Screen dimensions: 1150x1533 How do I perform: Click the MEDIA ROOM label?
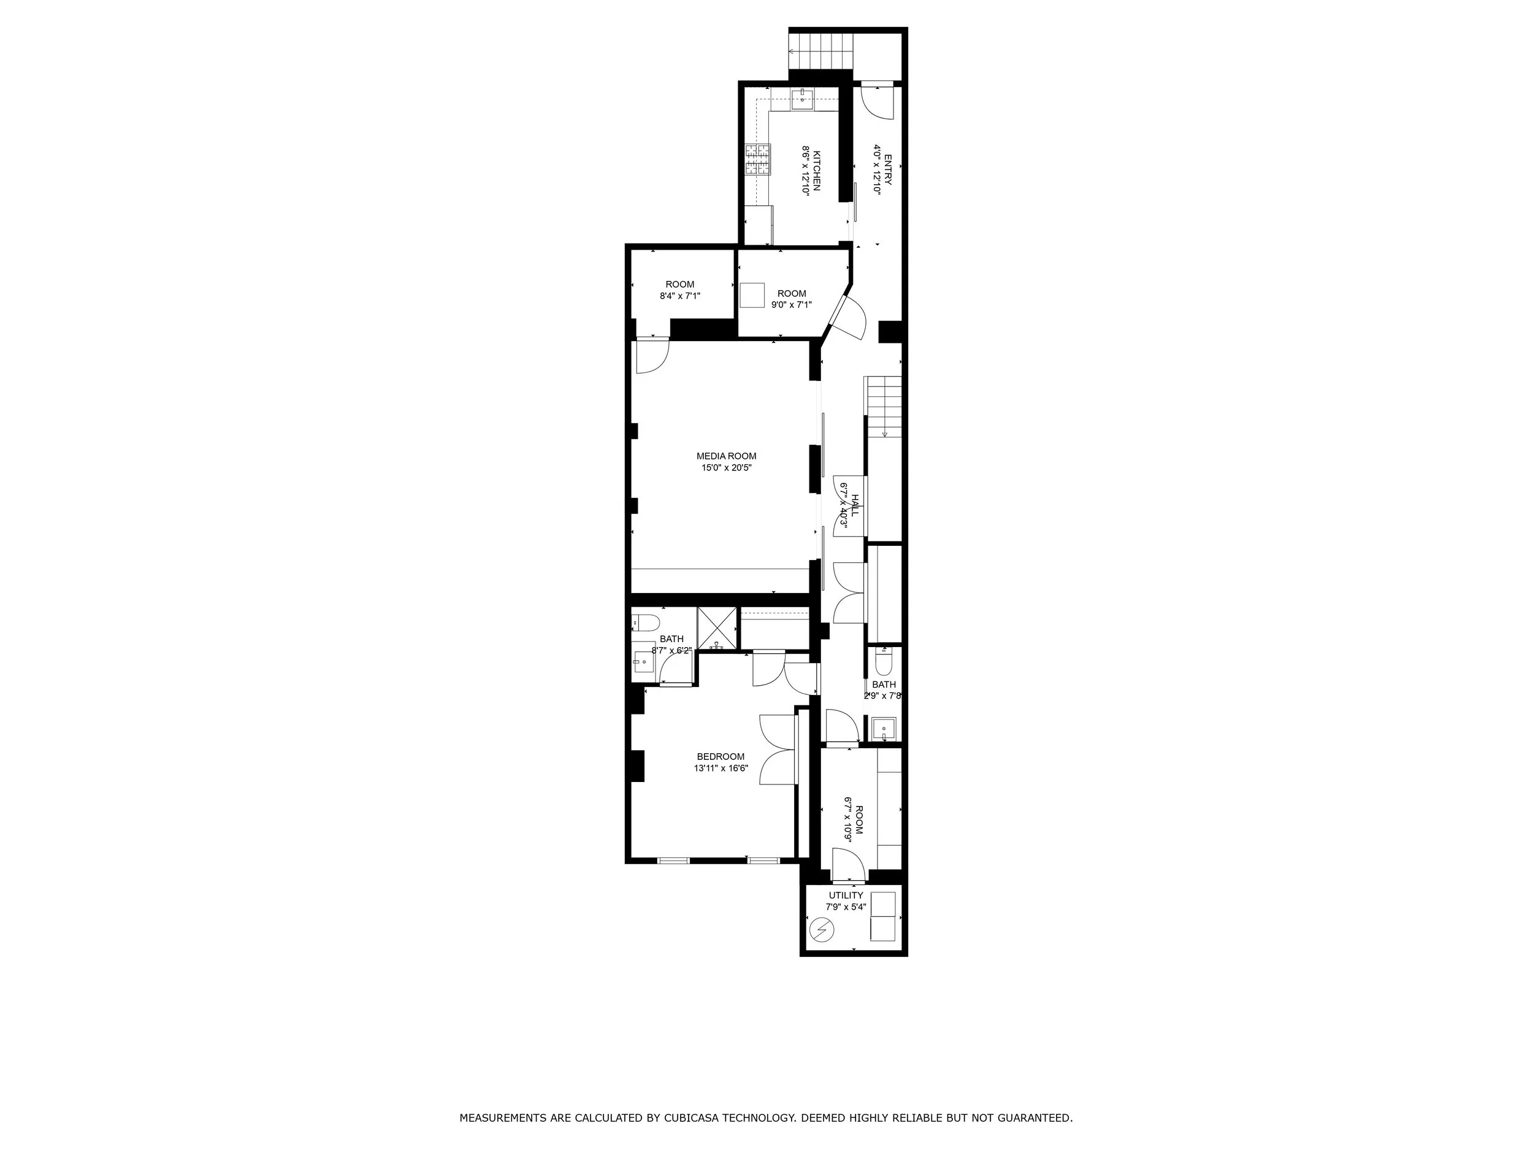pos(726,456)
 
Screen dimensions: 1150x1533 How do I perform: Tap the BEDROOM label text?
pos(721,756)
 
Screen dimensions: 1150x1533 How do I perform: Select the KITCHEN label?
pos(816,171)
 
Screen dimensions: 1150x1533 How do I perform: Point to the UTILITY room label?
pos(846,895)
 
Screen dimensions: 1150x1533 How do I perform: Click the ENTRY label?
pos(888,169)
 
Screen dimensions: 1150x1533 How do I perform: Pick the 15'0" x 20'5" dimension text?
pos(726,468)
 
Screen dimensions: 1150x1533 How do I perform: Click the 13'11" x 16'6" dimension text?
pos(721,768)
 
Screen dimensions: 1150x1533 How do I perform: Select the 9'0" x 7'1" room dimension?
pos(792,304)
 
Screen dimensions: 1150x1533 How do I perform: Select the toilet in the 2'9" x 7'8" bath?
pos(884,662)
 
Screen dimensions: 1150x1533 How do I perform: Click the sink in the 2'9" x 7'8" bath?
pos(884,729)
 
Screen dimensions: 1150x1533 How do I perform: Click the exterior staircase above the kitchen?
pos(820,50)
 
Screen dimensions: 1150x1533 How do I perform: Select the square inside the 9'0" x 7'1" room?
pos(752,295)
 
